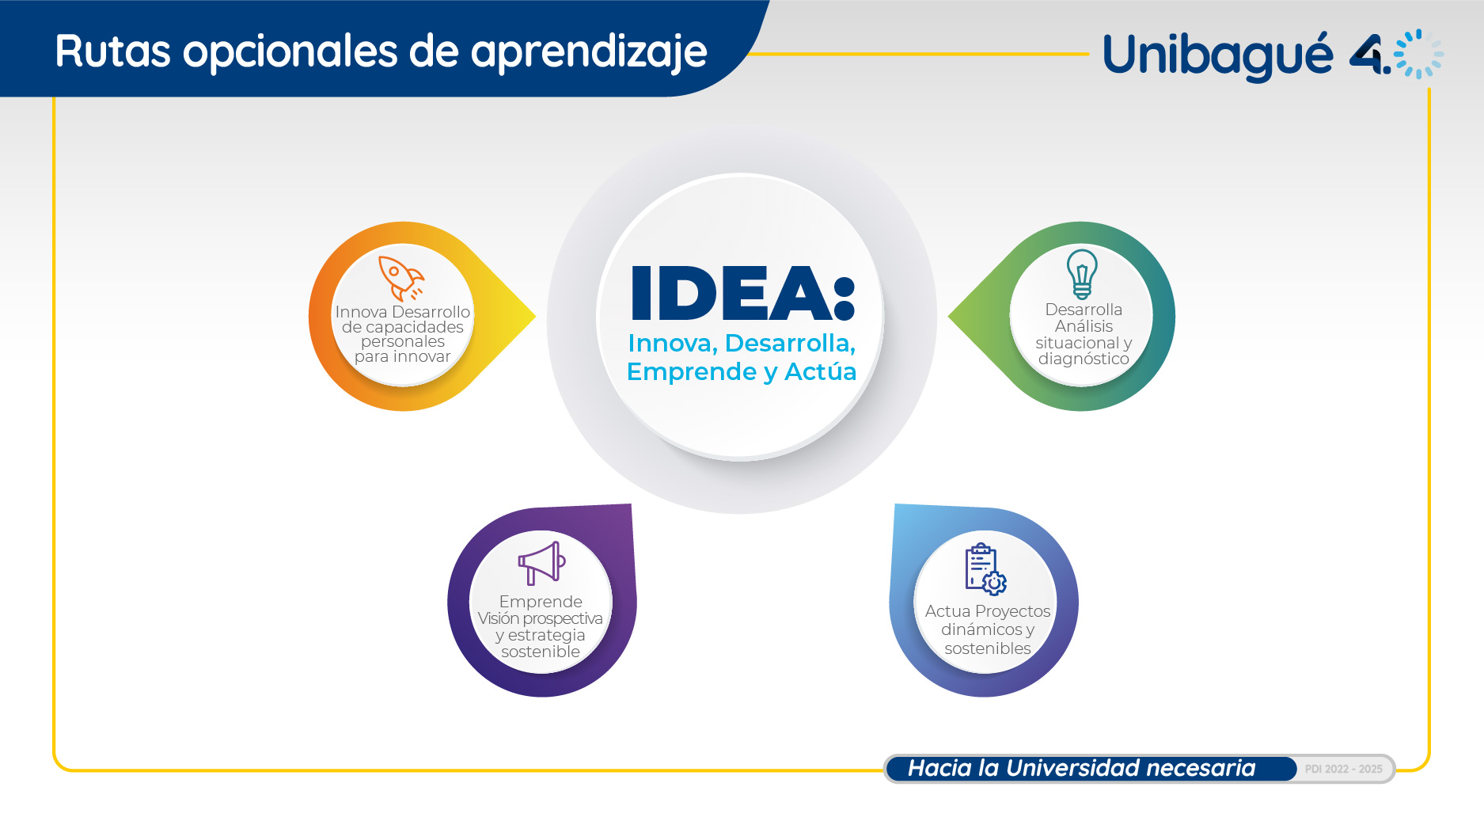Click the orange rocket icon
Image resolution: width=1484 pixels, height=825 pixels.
coord(401,278)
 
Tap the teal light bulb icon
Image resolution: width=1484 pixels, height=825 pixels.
coord(1082,274)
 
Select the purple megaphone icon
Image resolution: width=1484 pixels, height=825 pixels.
coord(542,563)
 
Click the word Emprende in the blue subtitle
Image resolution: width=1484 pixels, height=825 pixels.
coord(691,371)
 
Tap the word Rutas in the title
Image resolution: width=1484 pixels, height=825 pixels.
coord(113,51)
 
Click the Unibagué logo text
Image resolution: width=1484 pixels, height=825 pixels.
coord(1217,55)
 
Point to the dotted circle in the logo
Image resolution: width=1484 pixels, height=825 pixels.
coord(1418,54)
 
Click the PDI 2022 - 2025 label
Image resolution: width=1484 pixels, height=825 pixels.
coord(1343,769)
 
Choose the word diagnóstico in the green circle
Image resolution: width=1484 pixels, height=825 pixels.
coord(1084,359)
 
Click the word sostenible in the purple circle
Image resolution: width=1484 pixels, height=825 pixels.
coord(541,652)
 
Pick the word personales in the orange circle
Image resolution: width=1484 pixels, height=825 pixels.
coord(403,342)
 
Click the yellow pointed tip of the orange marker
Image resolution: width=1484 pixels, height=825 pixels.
coord(534,317)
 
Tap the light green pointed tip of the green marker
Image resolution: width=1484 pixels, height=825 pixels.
coord(950,317)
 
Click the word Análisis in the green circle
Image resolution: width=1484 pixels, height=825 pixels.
coord(1084,326)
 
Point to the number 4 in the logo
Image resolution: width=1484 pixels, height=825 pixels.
coord(1368,55)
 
